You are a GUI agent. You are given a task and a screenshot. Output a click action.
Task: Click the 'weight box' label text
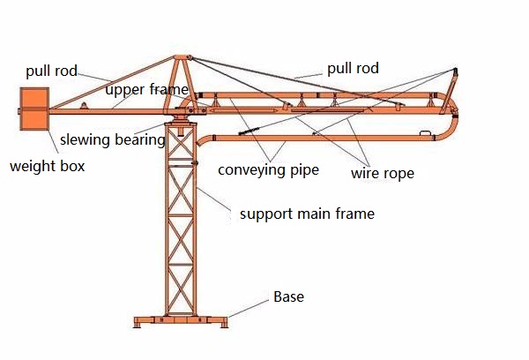click(47, 166)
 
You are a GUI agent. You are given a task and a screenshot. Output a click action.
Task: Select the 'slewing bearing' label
click(112, 139)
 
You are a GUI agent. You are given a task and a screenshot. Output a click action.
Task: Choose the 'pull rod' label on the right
click(353, 68)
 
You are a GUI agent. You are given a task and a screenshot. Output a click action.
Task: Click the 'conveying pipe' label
click(268, 170)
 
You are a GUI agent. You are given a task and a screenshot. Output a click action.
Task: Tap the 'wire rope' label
click(382, 173)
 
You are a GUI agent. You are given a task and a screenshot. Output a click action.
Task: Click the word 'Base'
click(288, 296)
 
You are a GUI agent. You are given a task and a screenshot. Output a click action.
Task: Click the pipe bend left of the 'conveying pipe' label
click(205, 141)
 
